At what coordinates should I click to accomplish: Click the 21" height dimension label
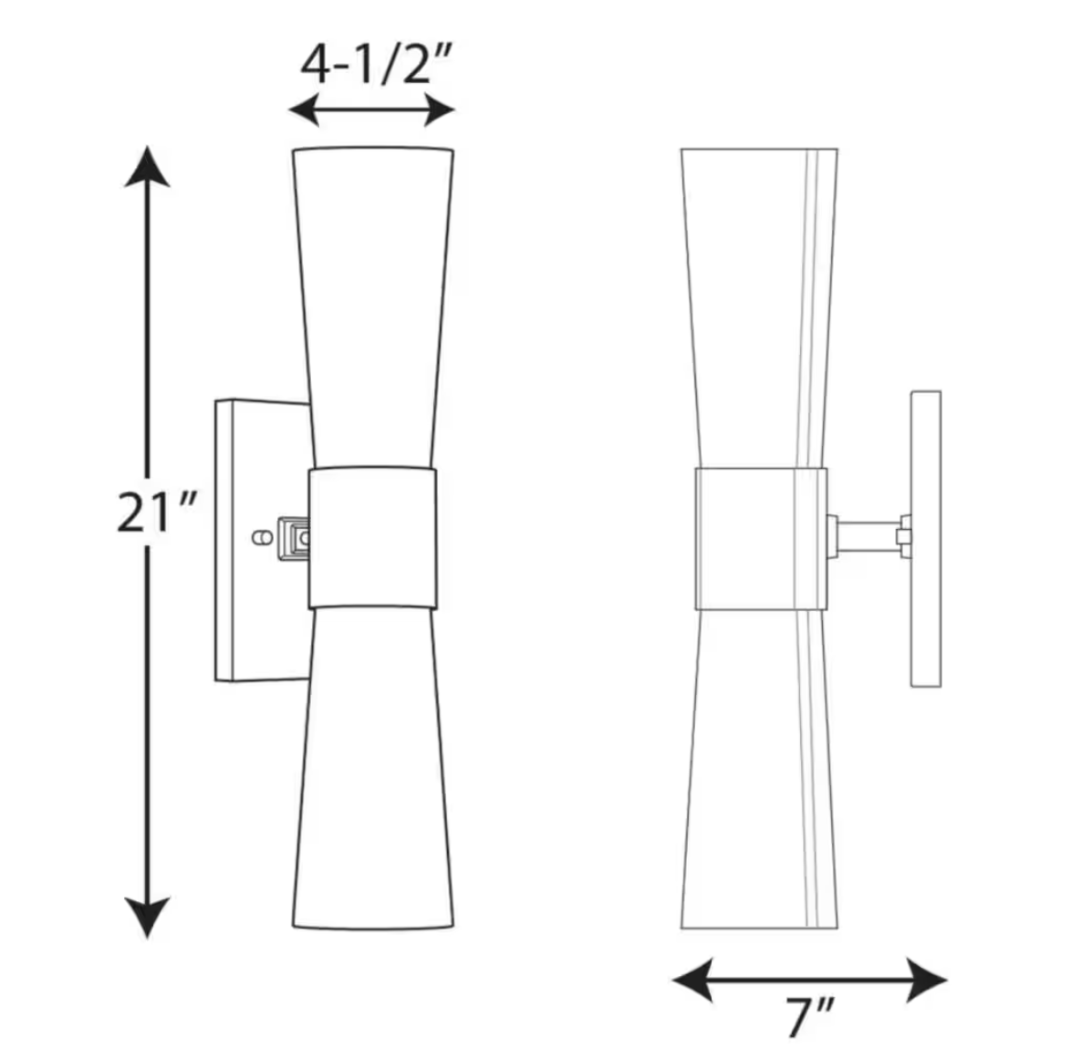[x=156, y=512]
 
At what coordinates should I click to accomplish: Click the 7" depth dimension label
[x=809, y=1018]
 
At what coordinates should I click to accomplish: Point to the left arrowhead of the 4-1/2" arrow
[x=304, y=109]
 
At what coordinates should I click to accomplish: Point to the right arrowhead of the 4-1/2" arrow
[x=439, y=109]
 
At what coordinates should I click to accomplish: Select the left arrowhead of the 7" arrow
[x=692, y=980]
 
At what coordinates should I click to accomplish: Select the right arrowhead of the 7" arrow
[x=927, y=980]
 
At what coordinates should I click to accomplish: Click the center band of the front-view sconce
[x=372, y=537]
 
